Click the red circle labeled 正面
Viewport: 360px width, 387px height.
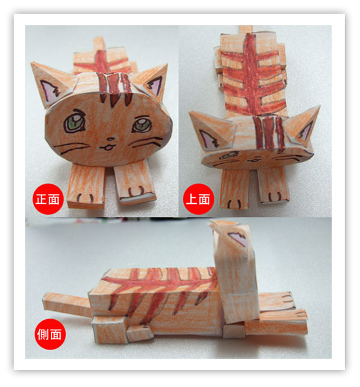click(x=48, y=199)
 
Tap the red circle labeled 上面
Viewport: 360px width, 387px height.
click(x=198, y=199)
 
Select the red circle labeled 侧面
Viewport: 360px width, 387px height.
click(x=50, y=334)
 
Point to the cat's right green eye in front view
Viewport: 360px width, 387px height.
click(x=141, y=124)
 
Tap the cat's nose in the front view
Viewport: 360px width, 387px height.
click(x=110, y=140)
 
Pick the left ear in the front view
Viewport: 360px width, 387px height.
click(x=53, y=84)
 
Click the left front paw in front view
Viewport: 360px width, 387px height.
click(x=86, y=187)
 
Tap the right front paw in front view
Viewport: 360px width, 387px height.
click(x=135, y=183)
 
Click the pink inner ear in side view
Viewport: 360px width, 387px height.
click(x=237, y=238)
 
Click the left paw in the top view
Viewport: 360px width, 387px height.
click(x=234, y=189)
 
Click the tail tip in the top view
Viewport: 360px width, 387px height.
click(x=246, y=29)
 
